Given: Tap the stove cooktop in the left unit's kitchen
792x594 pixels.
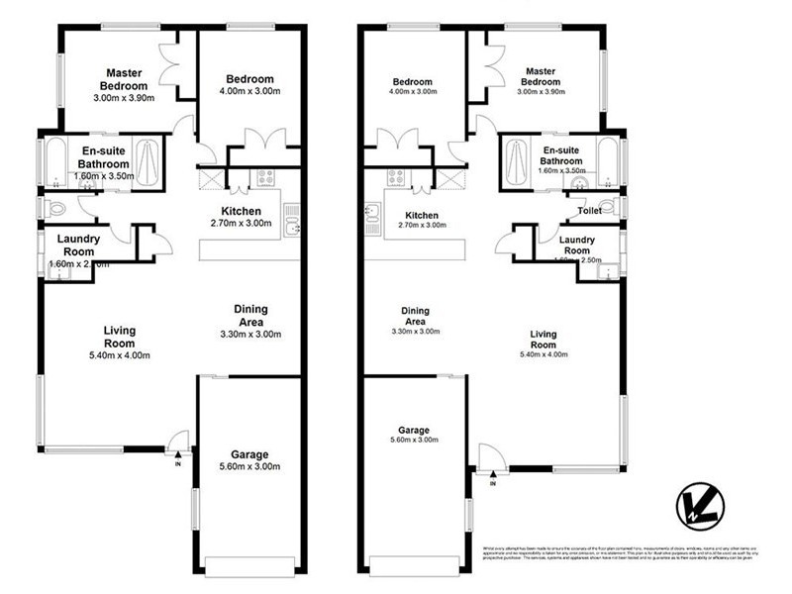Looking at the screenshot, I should [265, 178].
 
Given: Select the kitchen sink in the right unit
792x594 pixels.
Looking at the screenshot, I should [372, 219].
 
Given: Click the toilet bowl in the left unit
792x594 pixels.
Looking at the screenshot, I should [55, 208].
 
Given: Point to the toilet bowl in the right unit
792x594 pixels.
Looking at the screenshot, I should [609, 207].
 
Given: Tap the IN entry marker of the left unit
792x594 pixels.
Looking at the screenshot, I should [178, 463].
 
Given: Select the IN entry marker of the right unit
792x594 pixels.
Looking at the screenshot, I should [492, 482].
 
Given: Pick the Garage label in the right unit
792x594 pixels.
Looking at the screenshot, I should [414, 431].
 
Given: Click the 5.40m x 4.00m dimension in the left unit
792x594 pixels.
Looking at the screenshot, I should [119, 355].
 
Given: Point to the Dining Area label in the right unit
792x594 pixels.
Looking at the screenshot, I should [415, 317].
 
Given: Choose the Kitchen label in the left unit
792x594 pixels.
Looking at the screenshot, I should [241, 212].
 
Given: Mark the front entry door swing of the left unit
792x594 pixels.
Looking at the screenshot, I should [177, 442].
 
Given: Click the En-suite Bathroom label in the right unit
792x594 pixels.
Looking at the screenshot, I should [560, 155].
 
